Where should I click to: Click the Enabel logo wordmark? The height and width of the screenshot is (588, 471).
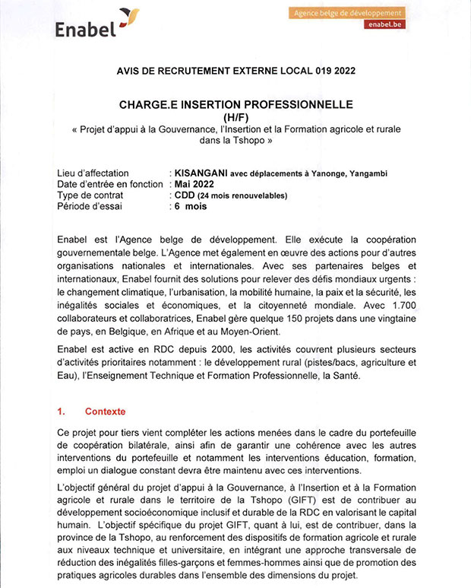pos(85,29)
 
